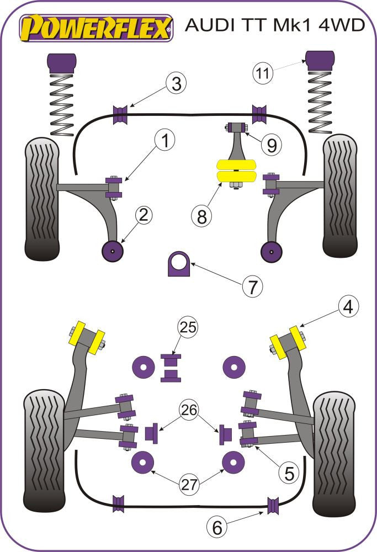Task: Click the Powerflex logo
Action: [96, 28]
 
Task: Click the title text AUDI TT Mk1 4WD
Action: [275, 25]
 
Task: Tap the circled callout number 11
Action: [264, 72]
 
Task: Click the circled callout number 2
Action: [143, 215]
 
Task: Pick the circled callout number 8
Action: [202, 216]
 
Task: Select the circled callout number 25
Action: [187, 328]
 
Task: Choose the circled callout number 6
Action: [217, 528]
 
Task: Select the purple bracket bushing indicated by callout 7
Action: [178, 263]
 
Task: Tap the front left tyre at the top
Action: [41, 199]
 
